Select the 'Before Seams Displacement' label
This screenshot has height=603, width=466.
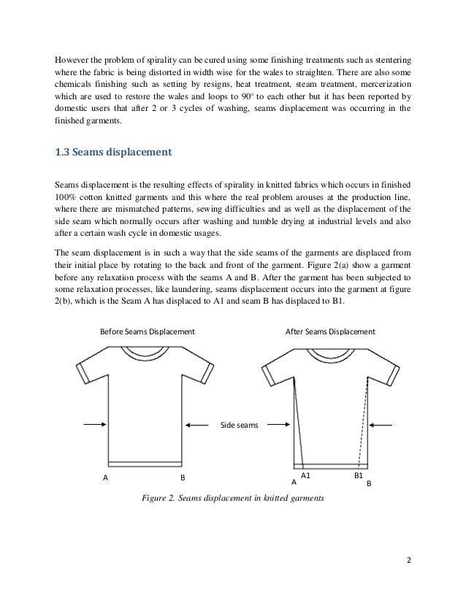tap(147, 331)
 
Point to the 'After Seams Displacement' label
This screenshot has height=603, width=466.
tap(329, 331)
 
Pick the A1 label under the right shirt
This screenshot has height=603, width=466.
tap(307, 475)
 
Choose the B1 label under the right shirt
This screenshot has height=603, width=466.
tap(359, 475)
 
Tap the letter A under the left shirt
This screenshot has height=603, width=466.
tap(105, 478)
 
